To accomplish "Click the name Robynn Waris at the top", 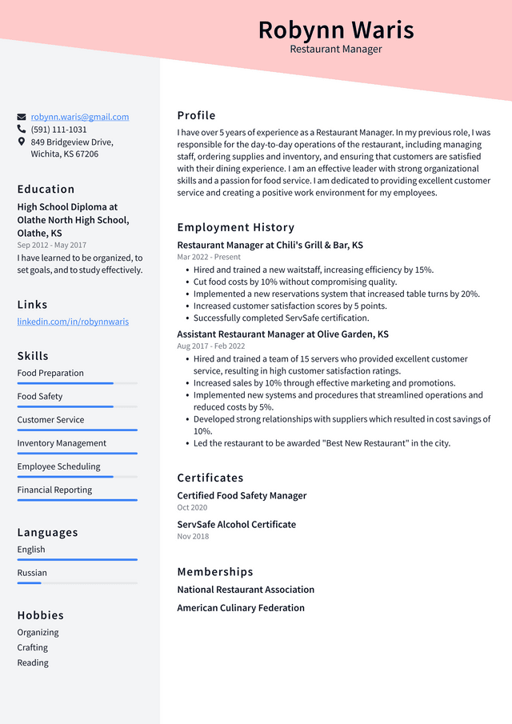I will [x=336, y=30].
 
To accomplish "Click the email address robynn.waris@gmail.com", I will [x=80, y=117].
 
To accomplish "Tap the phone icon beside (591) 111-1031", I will [x=22, y=129].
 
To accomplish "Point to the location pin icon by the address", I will [x=22, y=142].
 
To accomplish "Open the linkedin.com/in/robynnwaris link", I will [x=73, y=322].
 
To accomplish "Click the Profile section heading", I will [x=196, y=115].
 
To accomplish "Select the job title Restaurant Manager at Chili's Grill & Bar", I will [x=270, y=246].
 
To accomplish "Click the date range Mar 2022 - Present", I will [x=209, y=258].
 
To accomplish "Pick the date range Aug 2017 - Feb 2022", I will [x=211, y=346].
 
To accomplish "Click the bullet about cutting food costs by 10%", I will [x=294, y=282].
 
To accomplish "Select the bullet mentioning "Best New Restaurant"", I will [x=322, y=443].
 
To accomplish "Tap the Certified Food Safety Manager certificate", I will [x=242, y=496].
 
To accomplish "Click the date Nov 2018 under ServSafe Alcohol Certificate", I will [x=193, y=536].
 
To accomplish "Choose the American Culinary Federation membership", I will [x=241, y=608].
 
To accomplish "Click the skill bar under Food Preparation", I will [x=77, y=383].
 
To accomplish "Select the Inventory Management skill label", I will [x=62, y=443].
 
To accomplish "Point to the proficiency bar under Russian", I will [x=77, y=583].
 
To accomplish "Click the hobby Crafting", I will [x=33, y=647].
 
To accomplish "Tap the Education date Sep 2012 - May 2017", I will [x=52, y=245].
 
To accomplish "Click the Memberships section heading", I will [x=215, y=572].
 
